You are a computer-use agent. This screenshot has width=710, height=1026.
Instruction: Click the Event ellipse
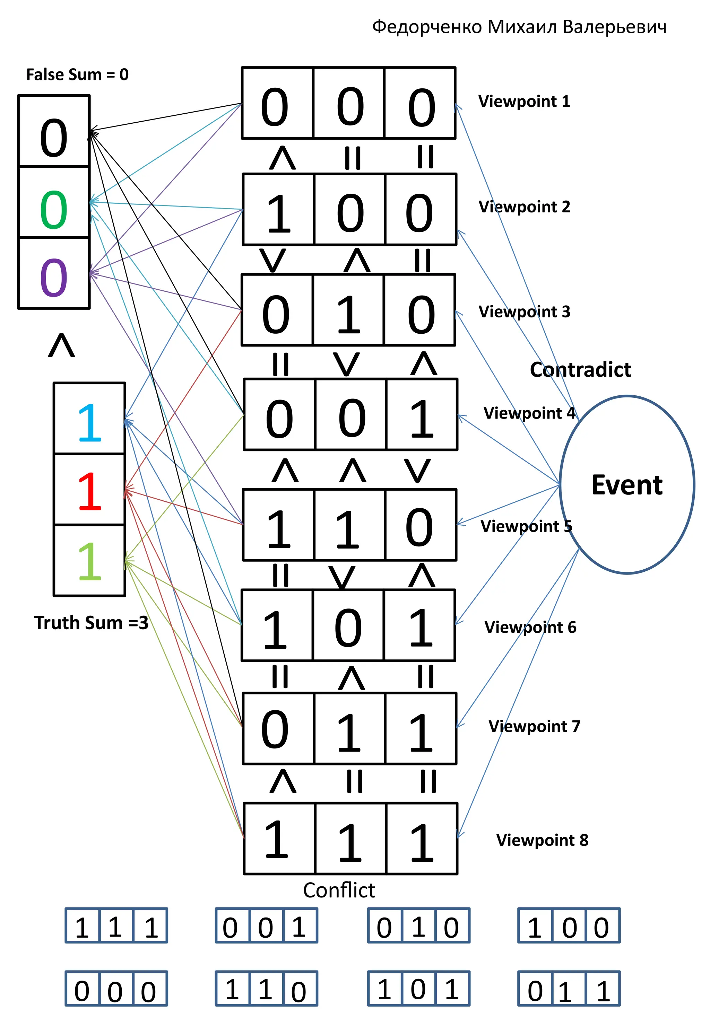coord(626,484)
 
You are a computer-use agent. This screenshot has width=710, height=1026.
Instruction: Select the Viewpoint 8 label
coord(542,840)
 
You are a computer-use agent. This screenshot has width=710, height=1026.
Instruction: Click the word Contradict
coord(580,370)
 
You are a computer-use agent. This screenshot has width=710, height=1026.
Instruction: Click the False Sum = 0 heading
coord(77,75)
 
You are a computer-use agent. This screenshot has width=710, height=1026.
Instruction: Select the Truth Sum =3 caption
coord(91,623)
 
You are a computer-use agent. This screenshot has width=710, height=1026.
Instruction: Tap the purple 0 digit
coord(53,278)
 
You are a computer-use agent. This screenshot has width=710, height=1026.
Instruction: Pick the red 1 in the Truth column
coord(89,491)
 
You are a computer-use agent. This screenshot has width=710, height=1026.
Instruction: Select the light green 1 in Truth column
coord(89,561)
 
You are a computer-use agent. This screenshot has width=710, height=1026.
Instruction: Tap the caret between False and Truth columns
coord(61,345)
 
